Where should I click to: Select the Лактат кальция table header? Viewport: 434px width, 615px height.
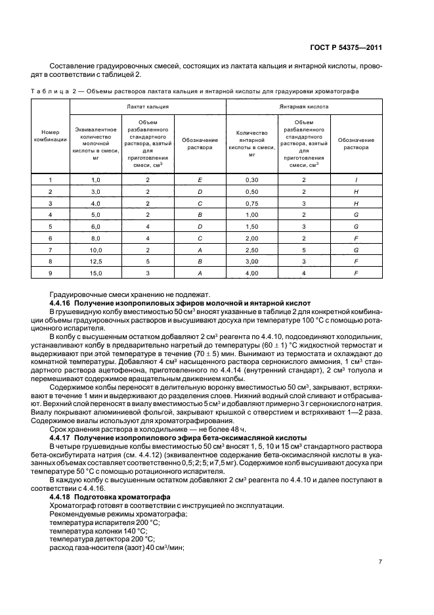tap(148, 106)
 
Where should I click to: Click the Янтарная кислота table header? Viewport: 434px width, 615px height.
tap(304, 106)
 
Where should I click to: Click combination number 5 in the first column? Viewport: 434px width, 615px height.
tap(51, 226)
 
